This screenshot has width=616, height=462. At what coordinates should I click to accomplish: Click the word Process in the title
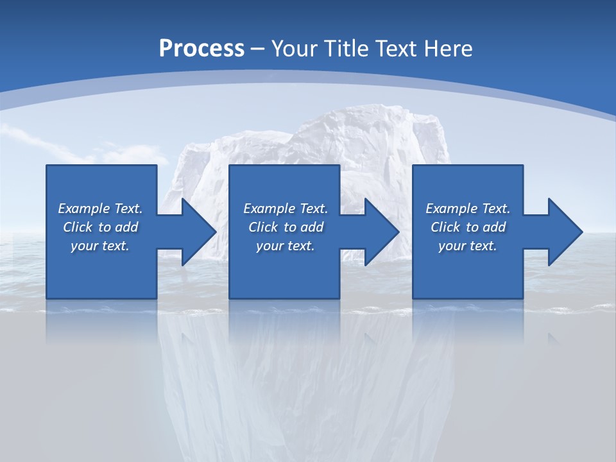pos(201,49)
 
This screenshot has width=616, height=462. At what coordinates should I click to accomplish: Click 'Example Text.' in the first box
pos(100,209)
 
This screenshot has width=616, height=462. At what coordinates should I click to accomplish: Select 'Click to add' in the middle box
pos(286,227)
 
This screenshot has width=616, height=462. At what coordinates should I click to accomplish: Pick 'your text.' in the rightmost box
pos(467,246)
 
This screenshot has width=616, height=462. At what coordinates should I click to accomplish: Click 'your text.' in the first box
pos(100,246)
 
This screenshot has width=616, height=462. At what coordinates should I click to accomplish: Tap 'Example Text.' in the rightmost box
pos(467,209)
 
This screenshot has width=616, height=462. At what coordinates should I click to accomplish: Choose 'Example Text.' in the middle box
pos(286,209)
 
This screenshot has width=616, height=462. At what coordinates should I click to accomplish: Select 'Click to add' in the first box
pos(100,227)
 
